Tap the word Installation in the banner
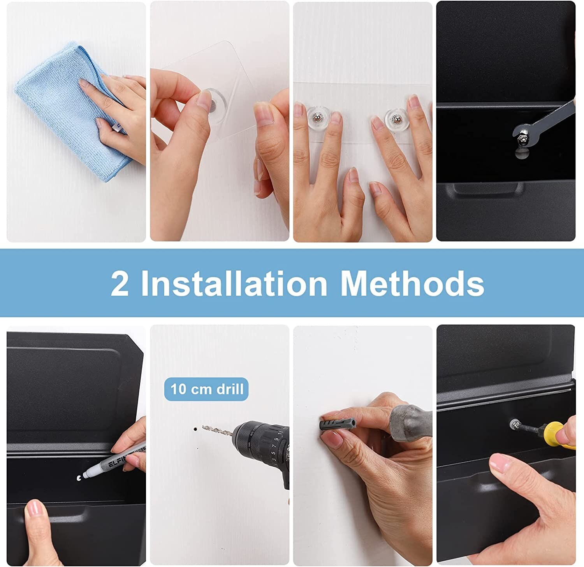click(234, 283)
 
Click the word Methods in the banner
click(412, 283)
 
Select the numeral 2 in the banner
click(120, 284)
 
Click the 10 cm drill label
click(207, 389)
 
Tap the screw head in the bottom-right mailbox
click(515, 423)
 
